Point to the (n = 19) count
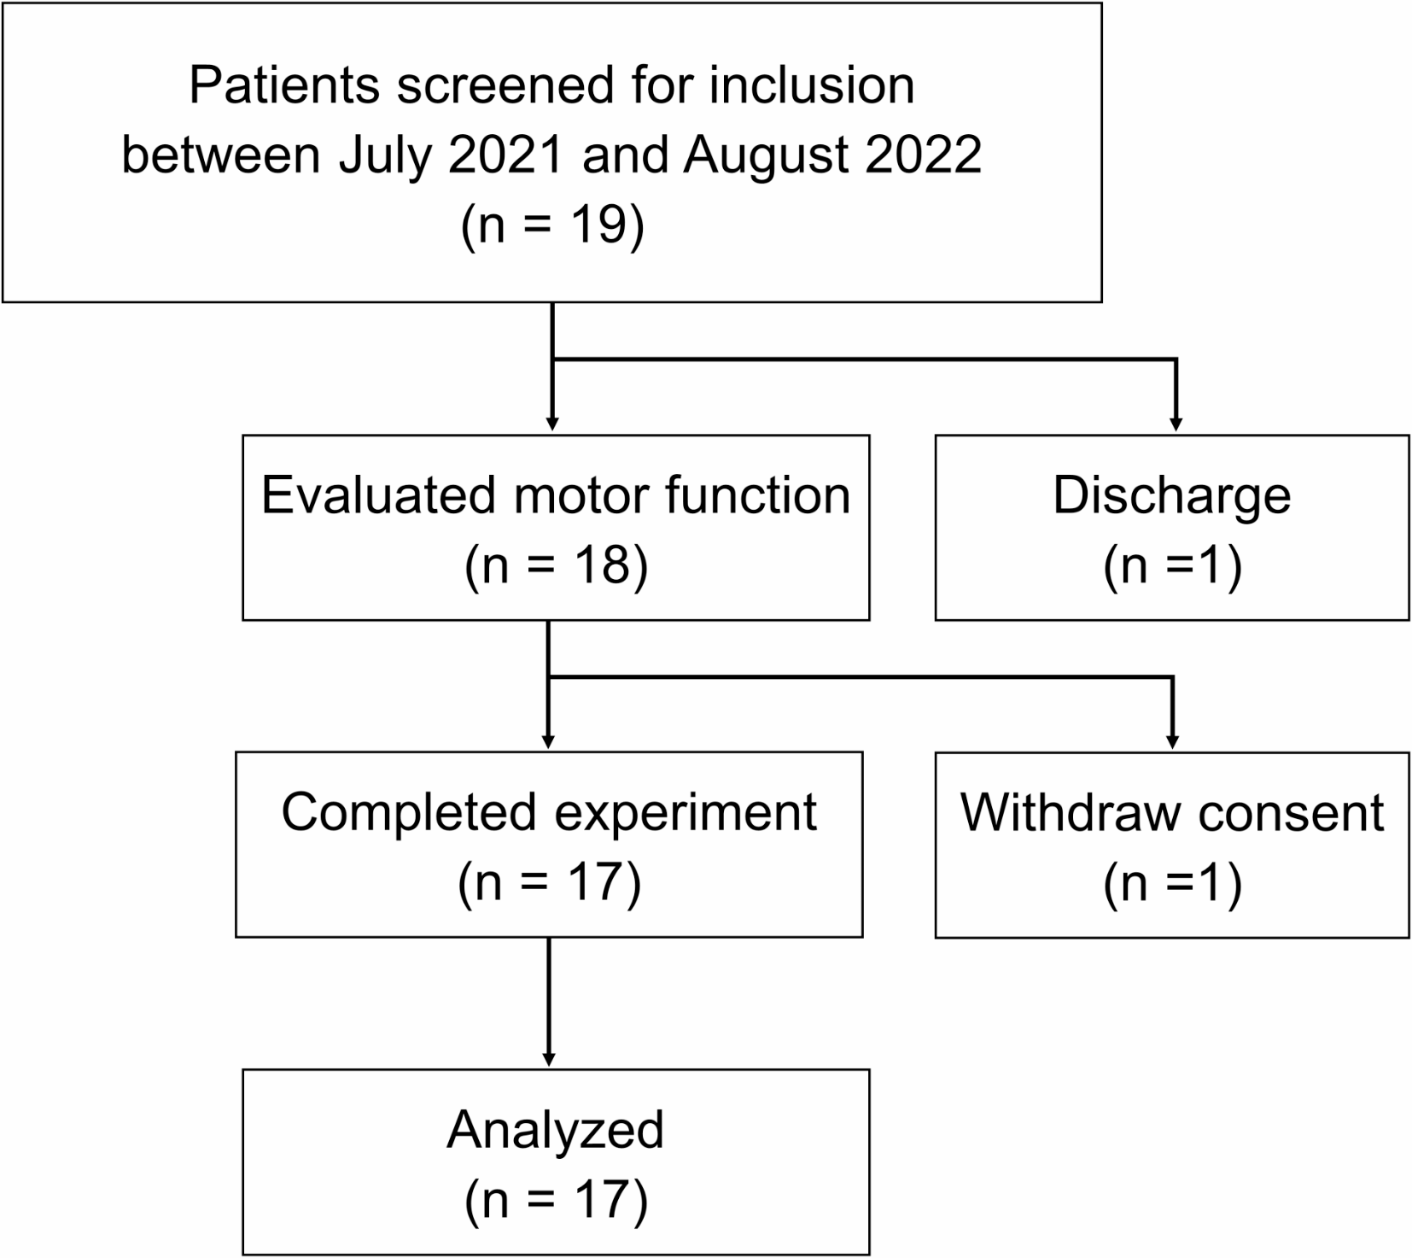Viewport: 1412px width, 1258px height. click(552, 226)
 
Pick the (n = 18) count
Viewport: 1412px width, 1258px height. click(557, 565)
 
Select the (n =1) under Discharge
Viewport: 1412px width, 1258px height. click(1172, 565)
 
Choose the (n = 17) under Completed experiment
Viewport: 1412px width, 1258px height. click(550, 882)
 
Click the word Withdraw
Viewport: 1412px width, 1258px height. click(1071, 812)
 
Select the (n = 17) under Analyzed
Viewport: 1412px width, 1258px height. click(557, 1199)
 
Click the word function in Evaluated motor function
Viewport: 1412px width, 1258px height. click(757, 495)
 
